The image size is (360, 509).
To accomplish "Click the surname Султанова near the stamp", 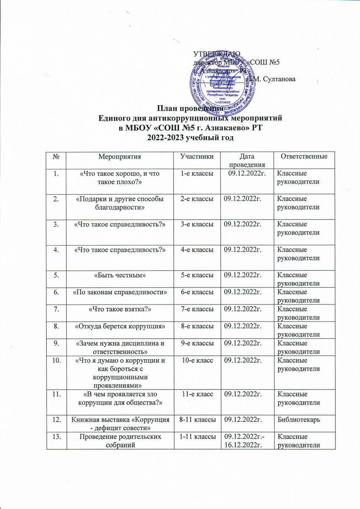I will click(272, 79).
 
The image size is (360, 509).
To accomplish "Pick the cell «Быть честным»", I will click(117, 276).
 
